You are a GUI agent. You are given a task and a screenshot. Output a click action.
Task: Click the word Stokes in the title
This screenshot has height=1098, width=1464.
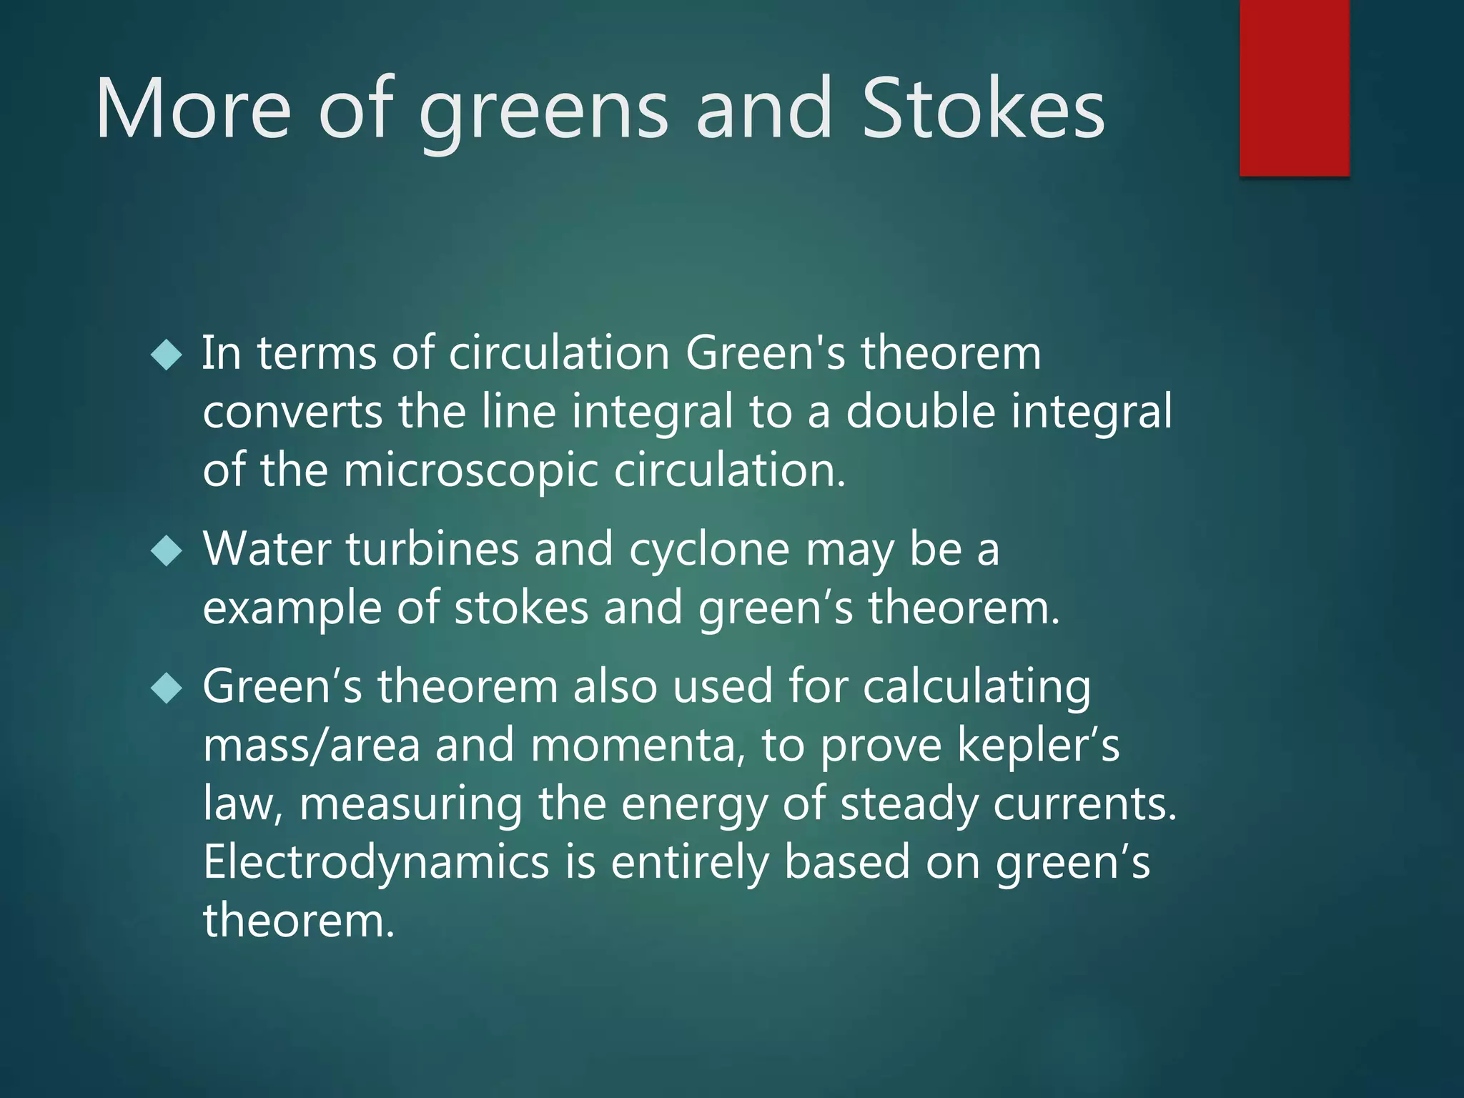click(984, 109)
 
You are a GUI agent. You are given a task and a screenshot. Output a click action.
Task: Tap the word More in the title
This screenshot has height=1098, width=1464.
click(193, 109)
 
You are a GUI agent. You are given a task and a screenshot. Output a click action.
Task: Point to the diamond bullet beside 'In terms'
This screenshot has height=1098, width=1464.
click(167, 355)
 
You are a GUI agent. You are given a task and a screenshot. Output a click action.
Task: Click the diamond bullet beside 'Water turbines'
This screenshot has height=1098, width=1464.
click(167, 551)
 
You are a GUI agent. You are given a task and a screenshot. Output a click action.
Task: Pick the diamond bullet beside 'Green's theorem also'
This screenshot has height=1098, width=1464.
click(167, 688)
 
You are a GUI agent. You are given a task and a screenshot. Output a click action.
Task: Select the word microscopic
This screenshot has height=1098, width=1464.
click(471, 472)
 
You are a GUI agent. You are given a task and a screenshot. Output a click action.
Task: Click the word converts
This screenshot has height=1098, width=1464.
click(292, 413)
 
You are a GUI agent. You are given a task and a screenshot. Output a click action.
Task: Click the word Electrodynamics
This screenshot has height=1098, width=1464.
click(376, 862)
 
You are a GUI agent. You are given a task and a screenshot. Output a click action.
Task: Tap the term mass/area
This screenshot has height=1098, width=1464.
click(312, 746)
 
